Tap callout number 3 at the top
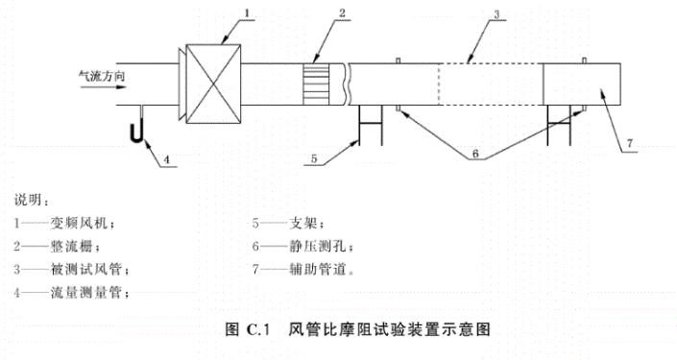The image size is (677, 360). [496, 14]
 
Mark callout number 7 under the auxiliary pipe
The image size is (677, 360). [628, 144]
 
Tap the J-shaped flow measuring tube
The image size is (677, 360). [139, 125]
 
